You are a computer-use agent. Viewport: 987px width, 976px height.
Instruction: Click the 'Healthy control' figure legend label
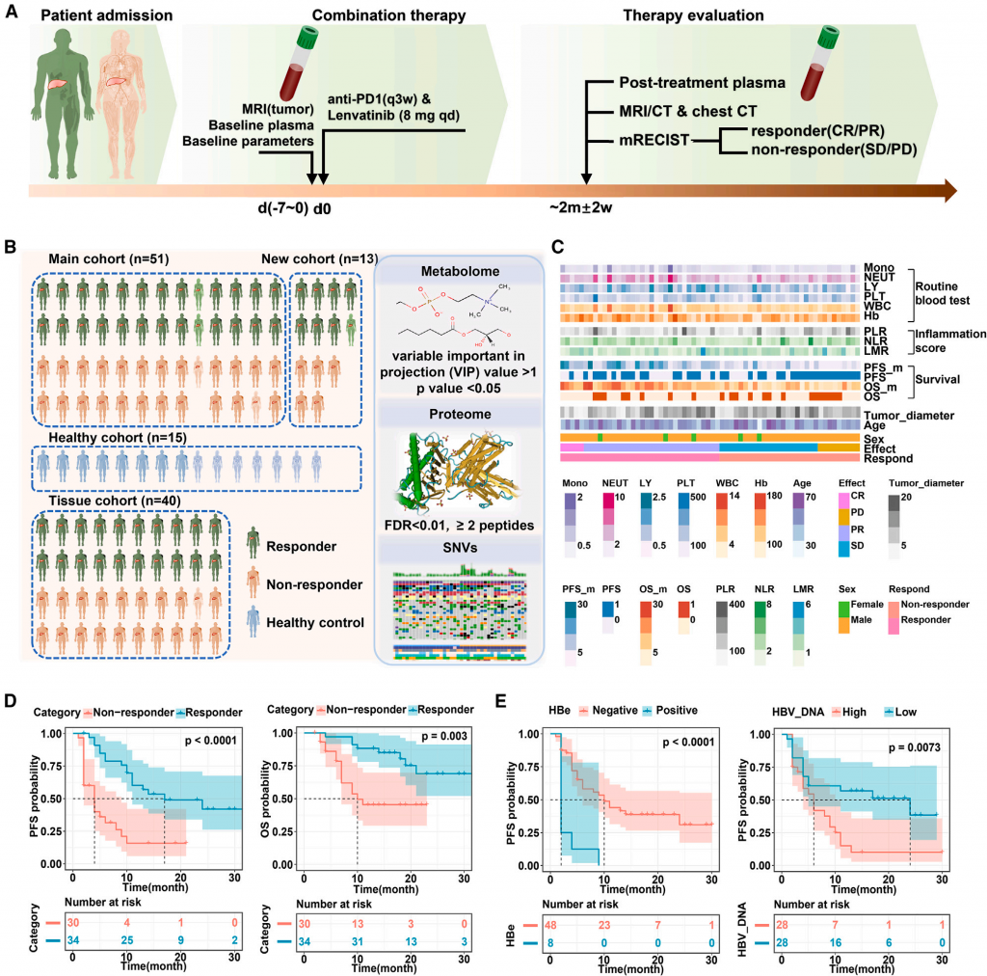click(316, 622)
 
